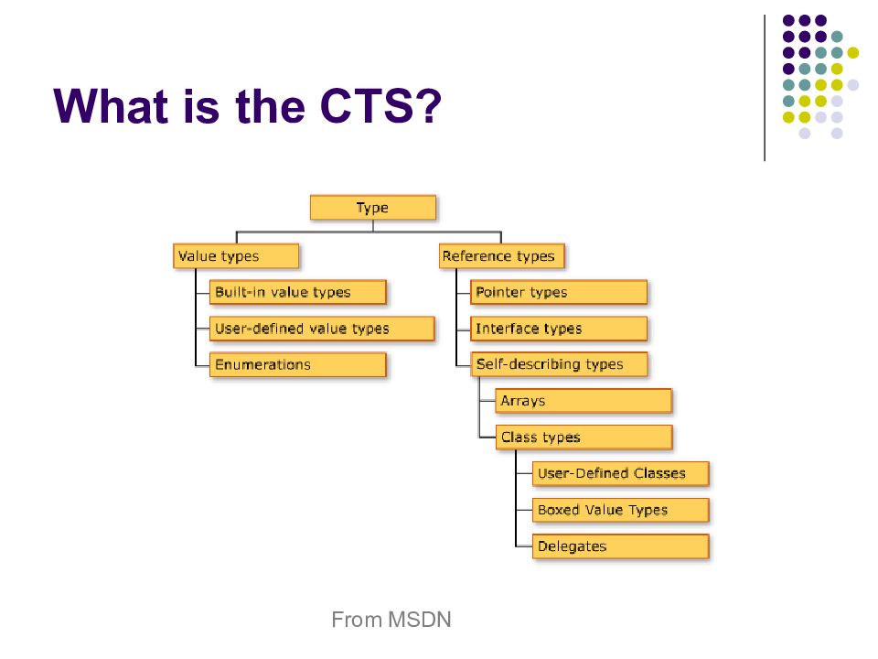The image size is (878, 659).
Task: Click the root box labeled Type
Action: click(x=373, y=208)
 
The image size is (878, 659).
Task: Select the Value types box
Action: click(x=236, y=256)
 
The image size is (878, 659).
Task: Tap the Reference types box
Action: click(x=502, y=256)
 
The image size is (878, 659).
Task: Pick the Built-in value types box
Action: click(x=298, y=292)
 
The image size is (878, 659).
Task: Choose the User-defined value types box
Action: click(x=322, y=329)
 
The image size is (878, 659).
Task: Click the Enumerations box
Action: click(x=298, y=365)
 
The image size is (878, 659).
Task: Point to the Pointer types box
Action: click(x=559, y=292)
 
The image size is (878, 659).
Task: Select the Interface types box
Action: click(x=559, y=329)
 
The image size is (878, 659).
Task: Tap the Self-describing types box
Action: click(x=559, y=365)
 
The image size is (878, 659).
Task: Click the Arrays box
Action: click(x=584, y=401)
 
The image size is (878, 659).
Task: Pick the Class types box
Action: click(x=584, y=438)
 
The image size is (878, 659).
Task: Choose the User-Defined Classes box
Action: click(x=620, y=473)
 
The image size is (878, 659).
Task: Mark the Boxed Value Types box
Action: click(x=620, y=510)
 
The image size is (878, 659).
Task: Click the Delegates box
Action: click(x=620, y=546)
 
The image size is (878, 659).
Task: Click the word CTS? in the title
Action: click(x=380, y=106)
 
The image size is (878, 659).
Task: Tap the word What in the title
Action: click(x=111, y=106)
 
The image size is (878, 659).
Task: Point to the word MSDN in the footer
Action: click(x=420, y=620)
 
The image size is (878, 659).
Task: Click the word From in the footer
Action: click(x=357, y=620)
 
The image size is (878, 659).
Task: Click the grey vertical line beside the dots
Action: click(x=765, y=88)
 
